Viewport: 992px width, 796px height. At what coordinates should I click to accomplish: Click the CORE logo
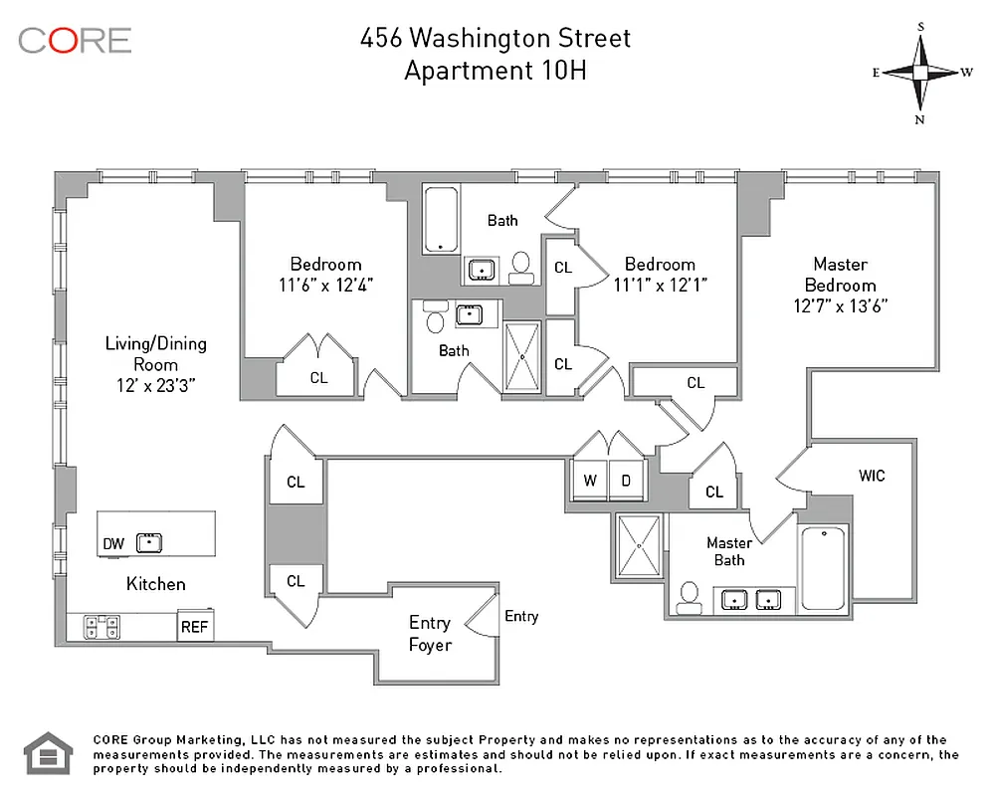tap(75, 40)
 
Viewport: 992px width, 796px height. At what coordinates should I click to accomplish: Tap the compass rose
tap(920, 72)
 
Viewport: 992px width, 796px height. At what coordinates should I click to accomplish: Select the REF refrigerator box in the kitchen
tap(193, 628)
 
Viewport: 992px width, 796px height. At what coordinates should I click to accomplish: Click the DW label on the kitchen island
tap(113, 543)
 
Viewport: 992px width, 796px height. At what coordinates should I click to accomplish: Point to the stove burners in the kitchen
tap(102, 627)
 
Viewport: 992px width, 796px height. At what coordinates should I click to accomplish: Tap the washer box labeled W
tap(590, 481)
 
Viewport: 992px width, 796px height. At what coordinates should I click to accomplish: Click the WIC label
tap(872, 476)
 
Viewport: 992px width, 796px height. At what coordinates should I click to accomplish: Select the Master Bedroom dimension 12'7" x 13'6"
tap(840, 306)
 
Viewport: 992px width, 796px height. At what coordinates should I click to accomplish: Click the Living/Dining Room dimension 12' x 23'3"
tap(156, 386)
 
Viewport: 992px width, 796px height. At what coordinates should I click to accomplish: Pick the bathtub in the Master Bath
tap(823, 567)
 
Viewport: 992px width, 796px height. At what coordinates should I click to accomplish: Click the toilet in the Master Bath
tap(688, 595)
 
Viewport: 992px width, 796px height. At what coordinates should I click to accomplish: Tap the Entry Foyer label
tap(430, 634)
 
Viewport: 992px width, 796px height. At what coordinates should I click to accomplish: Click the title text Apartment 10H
tap(495, 71)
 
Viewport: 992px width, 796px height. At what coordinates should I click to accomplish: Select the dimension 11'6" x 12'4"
tap(325, 286)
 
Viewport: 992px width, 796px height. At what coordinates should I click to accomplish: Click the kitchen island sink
tap(149, 542)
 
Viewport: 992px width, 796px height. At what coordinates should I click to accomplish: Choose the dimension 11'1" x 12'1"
tap(660, 286)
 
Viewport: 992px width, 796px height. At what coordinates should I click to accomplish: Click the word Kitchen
tap(155, 584)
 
